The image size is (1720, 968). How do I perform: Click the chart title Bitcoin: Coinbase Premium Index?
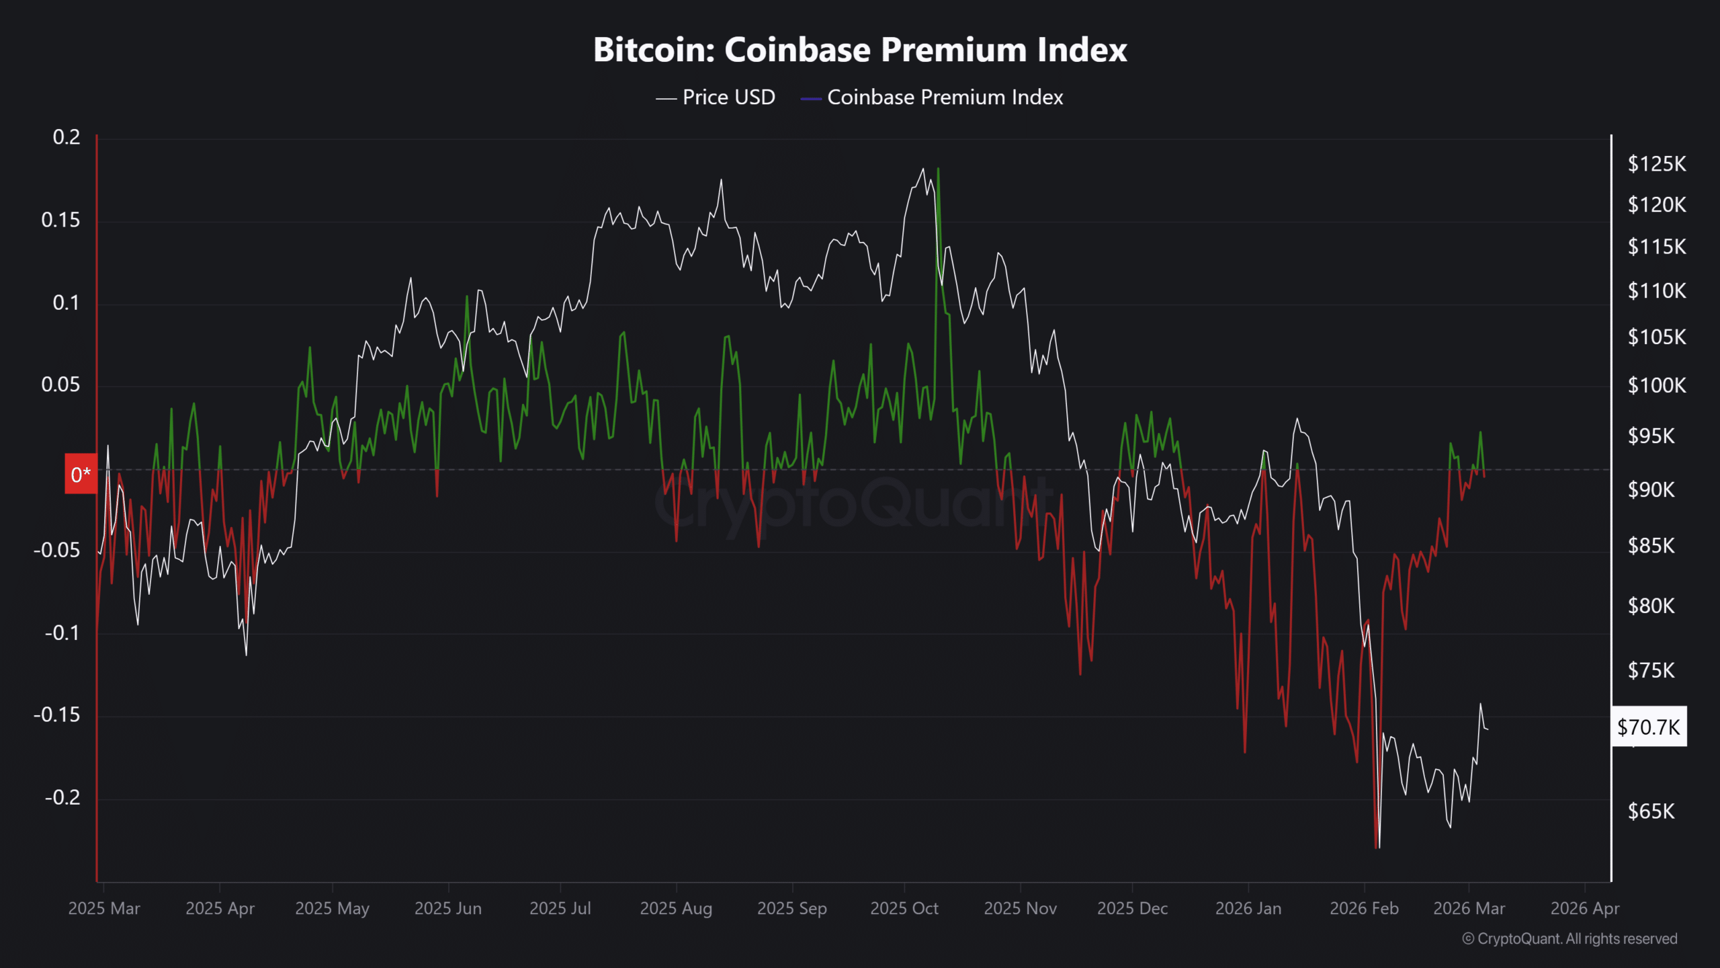[860, 50]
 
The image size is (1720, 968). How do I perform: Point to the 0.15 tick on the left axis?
[60, 220]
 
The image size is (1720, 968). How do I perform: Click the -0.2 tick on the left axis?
[62, 797]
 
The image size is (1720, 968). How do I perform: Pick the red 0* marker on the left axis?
[81, 475]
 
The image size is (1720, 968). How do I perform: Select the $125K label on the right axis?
[1656, 164]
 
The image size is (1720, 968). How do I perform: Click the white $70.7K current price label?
[1649, 727]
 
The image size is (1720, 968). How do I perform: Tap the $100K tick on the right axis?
[1656, 385]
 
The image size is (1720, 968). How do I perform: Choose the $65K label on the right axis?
[1651, 811]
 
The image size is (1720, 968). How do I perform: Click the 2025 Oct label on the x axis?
[904, 908]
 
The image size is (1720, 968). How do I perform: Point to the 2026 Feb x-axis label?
[1364, 908]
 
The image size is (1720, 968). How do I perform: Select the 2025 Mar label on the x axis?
[104, 908]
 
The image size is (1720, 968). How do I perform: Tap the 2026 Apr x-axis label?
[1585, 908]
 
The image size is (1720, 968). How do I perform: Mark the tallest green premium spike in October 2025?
[938, 169]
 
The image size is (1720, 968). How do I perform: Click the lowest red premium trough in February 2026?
[1377, 847]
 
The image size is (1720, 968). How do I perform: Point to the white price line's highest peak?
[922, 169]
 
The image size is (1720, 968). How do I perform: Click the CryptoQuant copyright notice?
[1569, 938]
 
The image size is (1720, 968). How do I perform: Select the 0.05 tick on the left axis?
[60, 385]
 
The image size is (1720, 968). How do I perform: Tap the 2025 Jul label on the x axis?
[560, 908]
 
